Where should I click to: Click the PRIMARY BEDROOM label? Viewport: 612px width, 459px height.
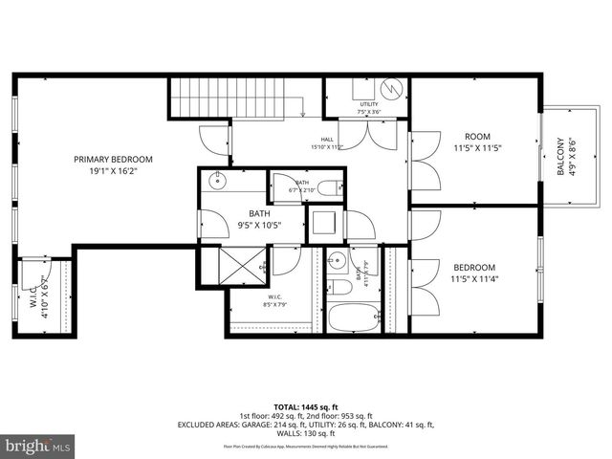tap(113, 165)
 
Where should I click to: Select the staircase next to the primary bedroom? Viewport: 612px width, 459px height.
tap(229, 97)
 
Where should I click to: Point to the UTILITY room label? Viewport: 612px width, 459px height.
tap(369, 108)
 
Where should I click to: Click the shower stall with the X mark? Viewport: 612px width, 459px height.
tap(243, 265)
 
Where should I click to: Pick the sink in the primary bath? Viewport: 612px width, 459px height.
tap(218, 180)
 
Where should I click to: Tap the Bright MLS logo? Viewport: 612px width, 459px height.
tap(38, 446)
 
